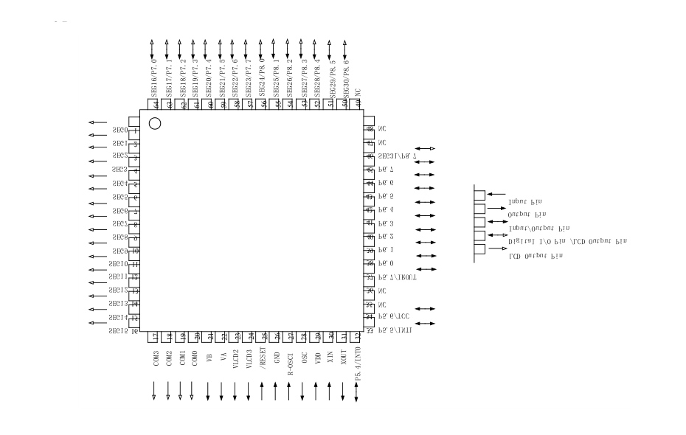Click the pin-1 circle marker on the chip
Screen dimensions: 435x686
click(x=155, y=123)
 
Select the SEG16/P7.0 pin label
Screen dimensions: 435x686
click(x=153, y=83)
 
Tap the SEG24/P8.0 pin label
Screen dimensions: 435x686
click(x=262, y=83)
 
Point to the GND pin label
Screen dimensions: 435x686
click(x=277, y=358)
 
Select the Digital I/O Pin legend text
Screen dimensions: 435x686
click(x=567, y=242)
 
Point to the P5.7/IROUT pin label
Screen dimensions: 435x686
click(x=398, y=278)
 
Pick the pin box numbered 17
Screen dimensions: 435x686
click(x=154, y=337)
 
